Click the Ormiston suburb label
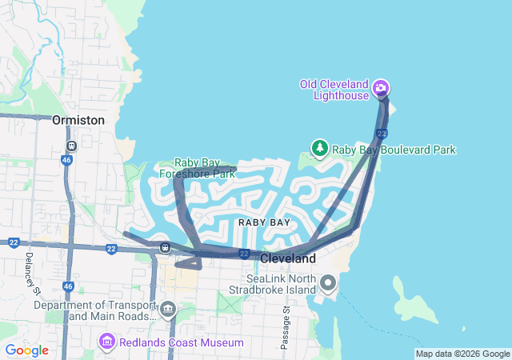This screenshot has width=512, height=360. pyautogui.click(x=78, y=120)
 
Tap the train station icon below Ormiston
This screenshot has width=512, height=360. pyautogui.click(x=70, y=146)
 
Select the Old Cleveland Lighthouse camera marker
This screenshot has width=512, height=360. pyautogui.click(x=382, y=86)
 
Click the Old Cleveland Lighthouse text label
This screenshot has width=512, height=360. pyautogui.click(x=334, y=90)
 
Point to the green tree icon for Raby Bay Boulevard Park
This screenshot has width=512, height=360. pyautogui.click(x=320, y=148)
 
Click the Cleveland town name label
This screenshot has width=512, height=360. pyautogui.click(x=288, y=259)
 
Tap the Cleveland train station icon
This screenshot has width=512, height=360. pyautogui.click(x=165, y=247)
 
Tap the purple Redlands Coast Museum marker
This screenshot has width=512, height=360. pyautogui.click(x=106, y=342)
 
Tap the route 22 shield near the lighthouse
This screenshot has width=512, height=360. pyautogui.click(x=382, y=133)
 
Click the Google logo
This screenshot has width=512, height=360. pyautogui.click(x=26, y=350)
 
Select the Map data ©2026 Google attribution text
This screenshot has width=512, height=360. pyautogui.click(x=462, y=354)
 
